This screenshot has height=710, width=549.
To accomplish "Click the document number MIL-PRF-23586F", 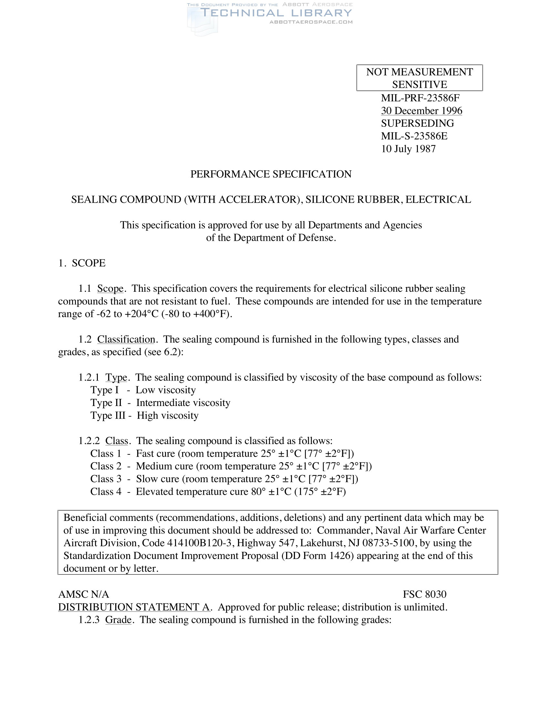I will point(420,98).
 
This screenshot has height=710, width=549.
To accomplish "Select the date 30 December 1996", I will point(421,111).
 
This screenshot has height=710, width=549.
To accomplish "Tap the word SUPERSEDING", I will point(418,123).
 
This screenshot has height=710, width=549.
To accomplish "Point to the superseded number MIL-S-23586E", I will point(414,136).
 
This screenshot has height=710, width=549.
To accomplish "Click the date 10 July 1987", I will point(408,149).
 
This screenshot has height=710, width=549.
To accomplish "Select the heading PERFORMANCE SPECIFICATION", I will point(271,174).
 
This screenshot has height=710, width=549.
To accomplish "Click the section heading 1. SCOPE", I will point(82,263).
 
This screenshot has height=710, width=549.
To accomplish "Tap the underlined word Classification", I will point(126,340).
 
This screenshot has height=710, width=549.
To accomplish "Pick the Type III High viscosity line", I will point(144,415).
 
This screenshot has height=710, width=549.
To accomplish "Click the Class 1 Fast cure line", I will point(222,453).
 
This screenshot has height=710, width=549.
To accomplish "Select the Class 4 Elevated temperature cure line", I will point(218,492).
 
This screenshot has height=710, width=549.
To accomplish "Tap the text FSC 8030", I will point(424,594).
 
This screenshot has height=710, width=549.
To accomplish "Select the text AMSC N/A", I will point(84,594).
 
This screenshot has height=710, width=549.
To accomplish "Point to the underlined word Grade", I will point(119,620).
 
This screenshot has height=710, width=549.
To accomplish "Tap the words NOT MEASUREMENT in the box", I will point(420,72).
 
